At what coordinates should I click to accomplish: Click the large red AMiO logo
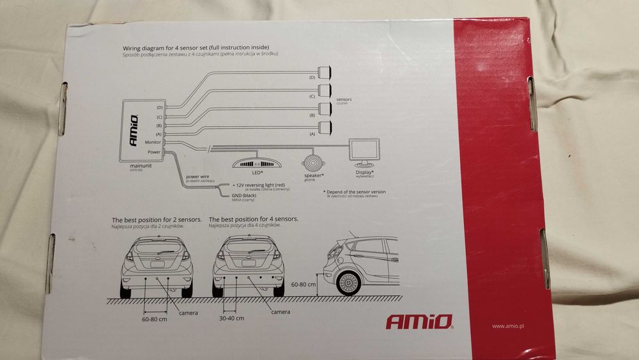coord(419,321)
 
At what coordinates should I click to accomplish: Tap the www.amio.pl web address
coord(509,326)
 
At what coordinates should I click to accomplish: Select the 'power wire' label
coord(197,176)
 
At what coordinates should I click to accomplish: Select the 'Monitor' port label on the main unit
coord(153,142)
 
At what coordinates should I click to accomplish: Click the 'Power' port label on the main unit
coord(154,152)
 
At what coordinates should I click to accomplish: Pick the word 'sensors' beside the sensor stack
coord(343,100)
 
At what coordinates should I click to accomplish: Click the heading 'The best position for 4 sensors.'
coord(254,219)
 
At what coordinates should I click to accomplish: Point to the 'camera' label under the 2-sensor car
coord(189,313)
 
